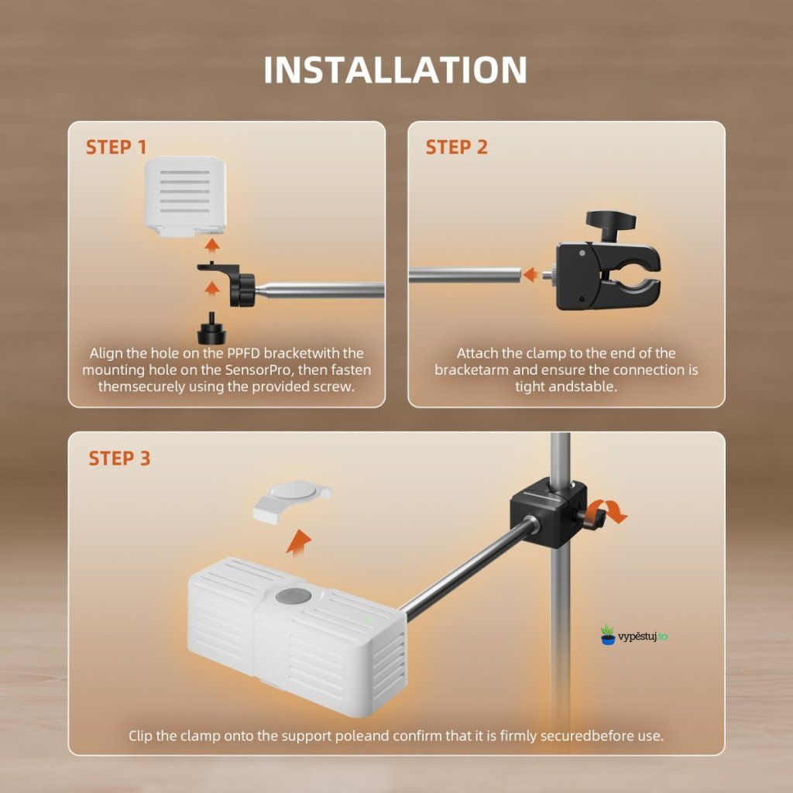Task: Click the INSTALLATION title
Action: coord(396,69)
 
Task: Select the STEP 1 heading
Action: coord(116,147)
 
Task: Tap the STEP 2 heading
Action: coord(457,147)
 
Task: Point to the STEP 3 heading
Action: coord(119,458)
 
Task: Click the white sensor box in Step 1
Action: coord(186,196)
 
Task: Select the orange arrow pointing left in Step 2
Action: coord(530,275)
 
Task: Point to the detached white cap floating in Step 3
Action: coord(292,501)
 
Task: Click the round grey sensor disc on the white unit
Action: coord(294,596)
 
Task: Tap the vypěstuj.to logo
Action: coord(634,635)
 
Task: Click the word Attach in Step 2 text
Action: coord(478,353)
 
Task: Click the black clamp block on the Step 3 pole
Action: coord(549,513)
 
